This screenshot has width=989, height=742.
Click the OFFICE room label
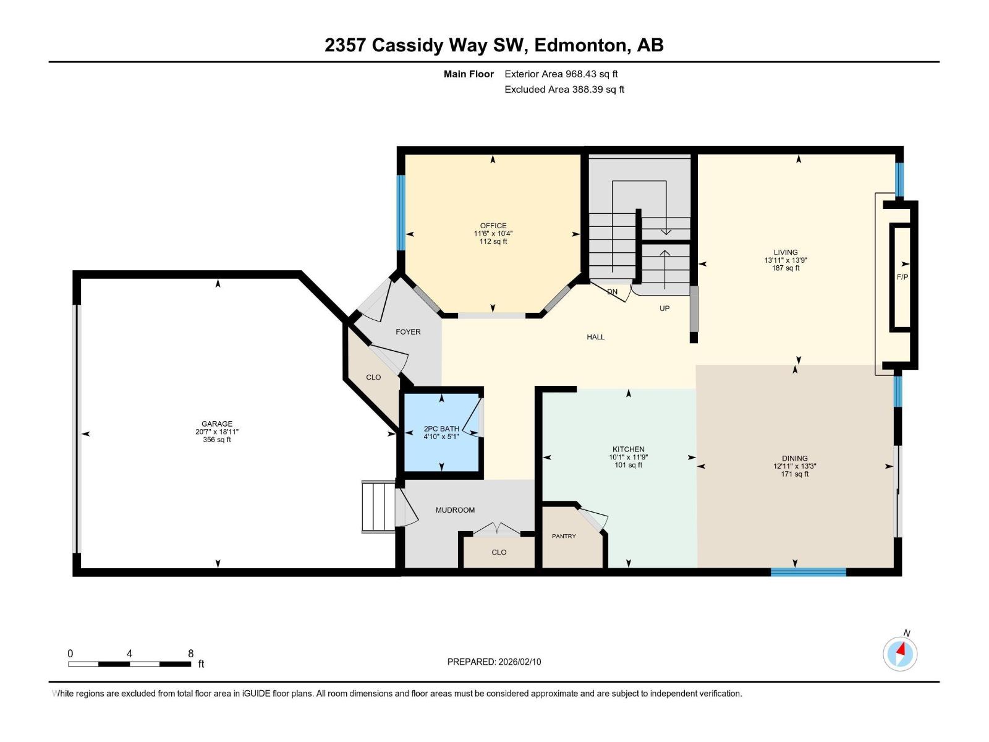[493, 226]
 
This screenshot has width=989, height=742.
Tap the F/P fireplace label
[902, 277]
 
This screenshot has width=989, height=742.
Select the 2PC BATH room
[441, 432]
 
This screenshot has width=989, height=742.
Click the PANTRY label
[564, 536]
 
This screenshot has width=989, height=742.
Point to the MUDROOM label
[455, 510]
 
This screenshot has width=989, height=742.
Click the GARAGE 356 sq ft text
[217, 440]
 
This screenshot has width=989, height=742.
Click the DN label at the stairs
[612, 292]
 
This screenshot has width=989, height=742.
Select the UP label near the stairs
[664, 308]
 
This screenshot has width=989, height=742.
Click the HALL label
[595, 337]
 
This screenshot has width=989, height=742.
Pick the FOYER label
[408, 332]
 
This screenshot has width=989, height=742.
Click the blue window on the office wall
[401, 212]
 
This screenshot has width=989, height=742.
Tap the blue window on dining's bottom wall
[808, 572]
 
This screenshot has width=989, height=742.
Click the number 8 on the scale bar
[190, 654]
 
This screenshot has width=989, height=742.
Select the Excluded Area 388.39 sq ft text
[564, 89]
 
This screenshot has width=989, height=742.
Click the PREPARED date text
[494, 662]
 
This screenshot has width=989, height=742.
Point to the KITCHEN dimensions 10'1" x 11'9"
[628, 458]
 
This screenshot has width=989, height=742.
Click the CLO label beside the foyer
[373, 377]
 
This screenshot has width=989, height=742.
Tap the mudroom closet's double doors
[497, 529]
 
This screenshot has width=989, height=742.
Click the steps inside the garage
[378, 507]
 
